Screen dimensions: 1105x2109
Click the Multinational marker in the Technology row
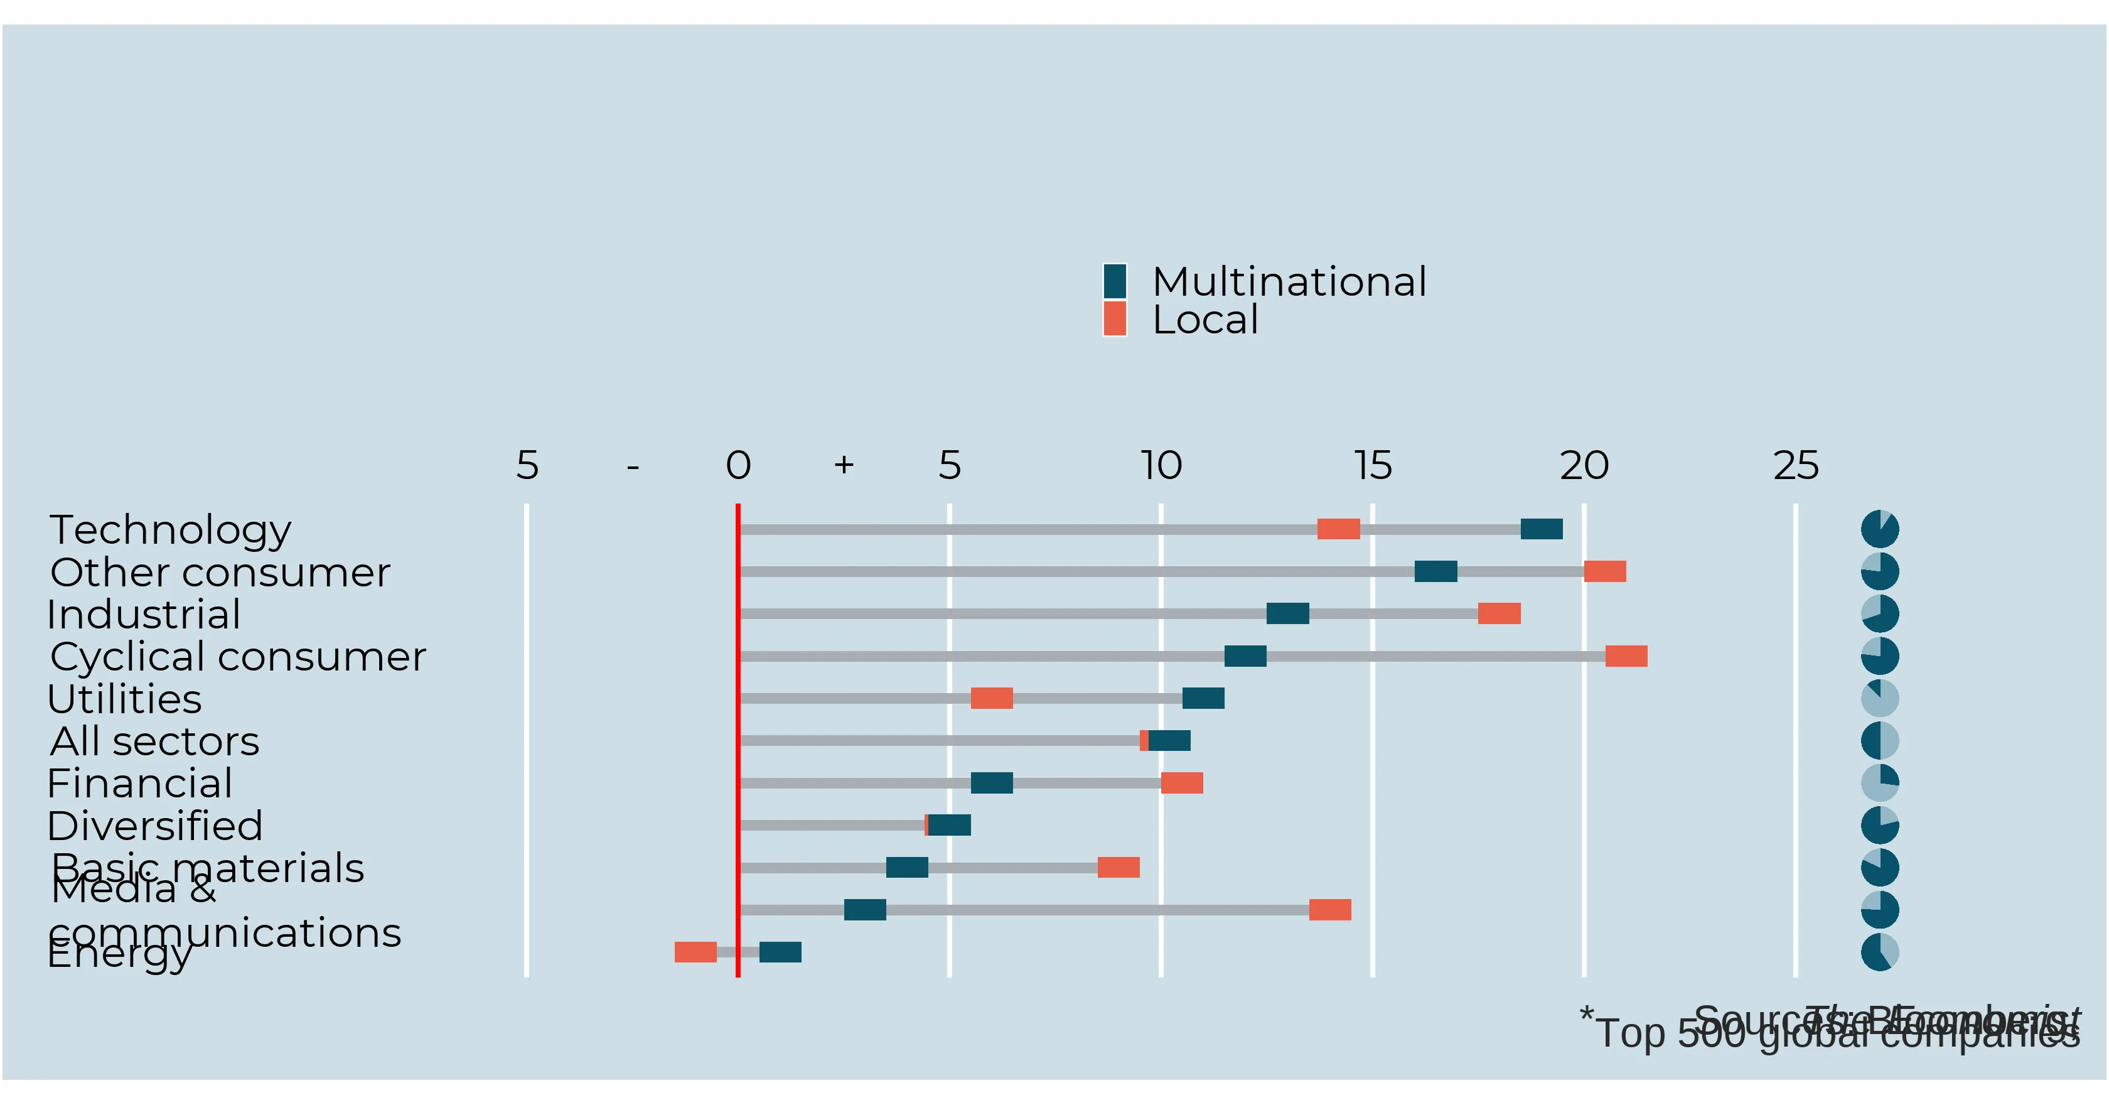[x=1542, y=529]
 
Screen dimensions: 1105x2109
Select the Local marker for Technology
[x=1339, y=529]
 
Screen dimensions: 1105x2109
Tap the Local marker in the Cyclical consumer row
[x=1626, y=656]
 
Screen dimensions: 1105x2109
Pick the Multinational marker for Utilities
[x=1203, y=698]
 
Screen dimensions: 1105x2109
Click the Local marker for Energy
[x=695, y=952]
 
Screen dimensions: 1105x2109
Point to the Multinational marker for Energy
[x=780, y=952]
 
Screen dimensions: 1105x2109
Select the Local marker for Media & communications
[x=1329, y=909]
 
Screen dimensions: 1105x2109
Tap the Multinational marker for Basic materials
[x=907, y=868]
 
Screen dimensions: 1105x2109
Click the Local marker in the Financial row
[x=1182, y=783]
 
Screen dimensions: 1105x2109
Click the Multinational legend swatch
[x=1114, y=281]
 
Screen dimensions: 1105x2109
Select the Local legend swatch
[x=1114, y=319]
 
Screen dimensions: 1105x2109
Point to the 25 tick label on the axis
[x=1795, y=466]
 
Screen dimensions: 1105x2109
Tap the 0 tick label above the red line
[x=738, y=466]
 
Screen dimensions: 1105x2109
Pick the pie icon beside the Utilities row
[x=1880, y=698]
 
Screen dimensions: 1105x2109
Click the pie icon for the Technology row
[x=1880, y=529]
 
